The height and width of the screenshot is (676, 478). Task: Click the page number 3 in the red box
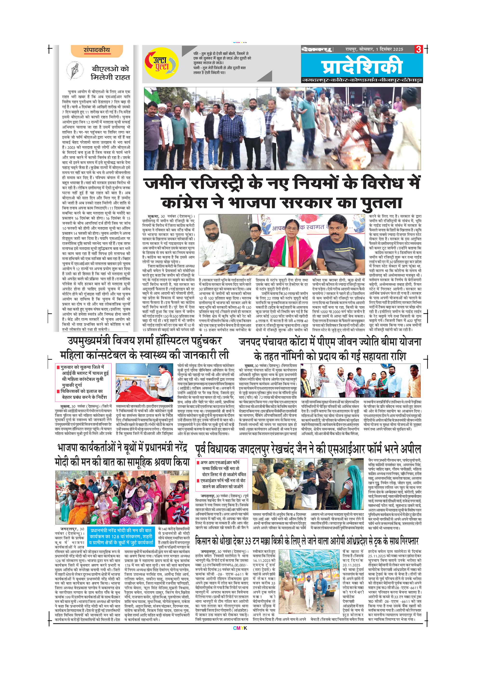(418, 49)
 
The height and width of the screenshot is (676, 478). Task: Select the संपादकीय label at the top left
(97, 50)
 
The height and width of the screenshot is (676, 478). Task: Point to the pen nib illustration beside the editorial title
(74, 70)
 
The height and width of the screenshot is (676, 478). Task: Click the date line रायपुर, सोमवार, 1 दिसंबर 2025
(374, 49)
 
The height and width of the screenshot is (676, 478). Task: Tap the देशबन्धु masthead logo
(316, 49)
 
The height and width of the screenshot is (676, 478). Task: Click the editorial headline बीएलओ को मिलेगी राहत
(110, 73)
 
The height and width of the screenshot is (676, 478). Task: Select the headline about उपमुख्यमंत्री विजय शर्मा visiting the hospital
(144, 348)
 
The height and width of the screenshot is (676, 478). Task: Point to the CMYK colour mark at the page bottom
(240, 628)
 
